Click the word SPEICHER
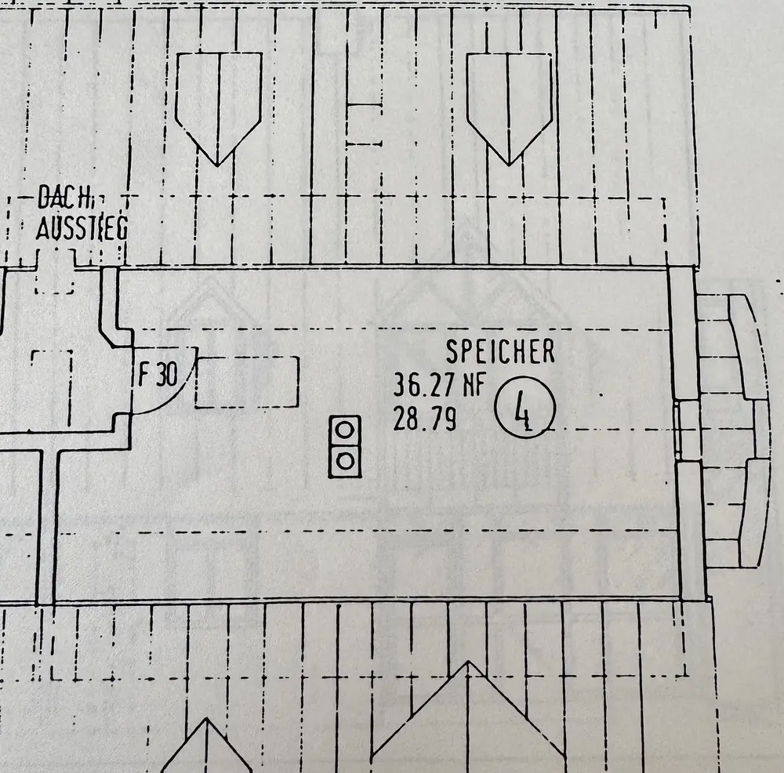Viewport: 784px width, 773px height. click(500, 351)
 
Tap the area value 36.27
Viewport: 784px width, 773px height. click(424, 386)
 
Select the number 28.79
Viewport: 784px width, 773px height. click(424, 419)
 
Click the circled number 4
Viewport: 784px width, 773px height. click(524, 408)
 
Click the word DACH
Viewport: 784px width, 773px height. click(63, 197)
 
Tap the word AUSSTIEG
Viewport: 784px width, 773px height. click(82, 228)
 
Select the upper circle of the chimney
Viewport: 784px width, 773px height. click(344, 430)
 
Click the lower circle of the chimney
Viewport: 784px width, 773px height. click(345, 460)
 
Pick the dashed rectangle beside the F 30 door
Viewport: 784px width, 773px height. click(247, 382)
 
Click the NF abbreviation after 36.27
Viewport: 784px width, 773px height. click(474, 385)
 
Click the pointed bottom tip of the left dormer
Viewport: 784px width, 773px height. click(217, 166)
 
